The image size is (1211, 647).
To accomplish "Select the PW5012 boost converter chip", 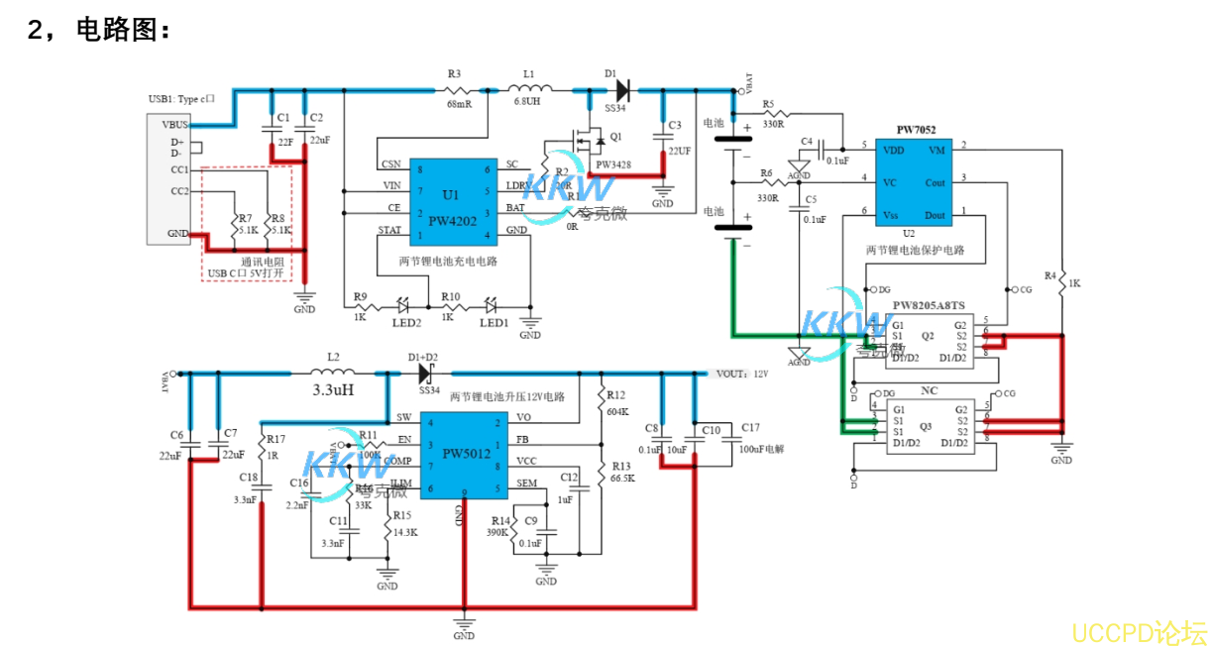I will (466, 454).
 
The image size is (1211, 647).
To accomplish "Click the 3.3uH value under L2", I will (333, 390).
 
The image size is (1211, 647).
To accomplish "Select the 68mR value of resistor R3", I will (459, 103).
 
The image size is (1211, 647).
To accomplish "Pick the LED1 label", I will (494, 324).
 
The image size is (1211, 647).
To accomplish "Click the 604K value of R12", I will (617, 410).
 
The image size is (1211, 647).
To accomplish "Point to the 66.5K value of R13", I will (622, 478).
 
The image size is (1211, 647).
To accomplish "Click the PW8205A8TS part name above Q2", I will (929, 305).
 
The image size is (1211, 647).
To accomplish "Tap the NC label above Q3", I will (929, 390).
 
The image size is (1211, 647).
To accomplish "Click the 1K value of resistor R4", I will (1073, 283).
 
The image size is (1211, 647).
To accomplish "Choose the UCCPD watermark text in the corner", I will (1139, 631).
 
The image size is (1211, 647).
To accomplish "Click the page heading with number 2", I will (99, 31).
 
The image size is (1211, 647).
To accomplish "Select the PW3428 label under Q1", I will (612, 164).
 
